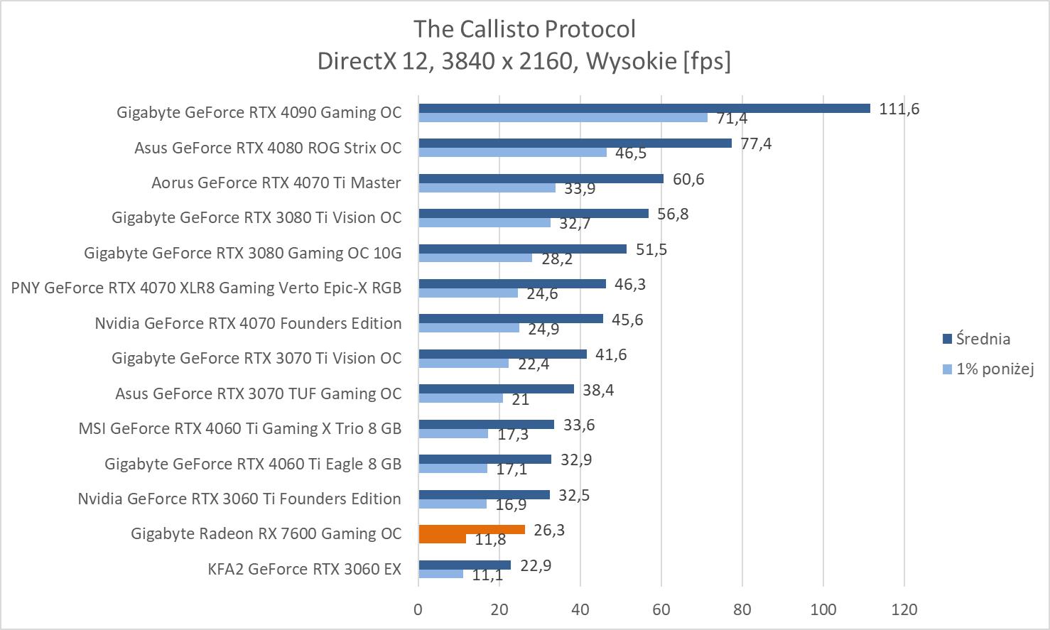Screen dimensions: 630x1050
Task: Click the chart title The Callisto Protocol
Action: [x=524, y=29]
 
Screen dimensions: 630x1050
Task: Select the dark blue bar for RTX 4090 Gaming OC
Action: [x=644, y=108]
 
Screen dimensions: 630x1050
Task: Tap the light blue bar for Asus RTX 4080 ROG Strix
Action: [x=512, y=152]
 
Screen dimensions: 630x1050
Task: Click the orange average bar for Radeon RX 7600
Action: [x=472, y=529]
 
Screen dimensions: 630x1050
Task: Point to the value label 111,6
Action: [x=899, y=109]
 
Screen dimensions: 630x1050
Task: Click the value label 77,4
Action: [x=756, y=143]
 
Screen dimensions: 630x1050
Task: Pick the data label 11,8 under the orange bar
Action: [x=490, y=540]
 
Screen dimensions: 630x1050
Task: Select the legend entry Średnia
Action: [x=983, y=339]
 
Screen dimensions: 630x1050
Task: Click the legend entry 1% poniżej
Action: [x=994, y=369]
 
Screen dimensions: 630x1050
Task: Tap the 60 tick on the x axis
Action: [x=661, y=609]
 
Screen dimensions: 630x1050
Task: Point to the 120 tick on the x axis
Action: [x=904, y=609]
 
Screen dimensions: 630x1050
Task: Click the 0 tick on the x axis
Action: [x=418, y=609]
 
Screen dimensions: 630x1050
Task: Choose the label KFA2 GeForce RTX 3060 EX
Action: [x=304, y=569]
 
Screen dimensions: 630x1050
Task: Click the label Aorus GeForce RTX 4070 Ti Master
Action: [x=276, y=183]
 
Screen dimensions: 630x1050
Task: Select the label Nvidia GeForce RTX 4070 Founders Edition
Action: [x=248, y=323]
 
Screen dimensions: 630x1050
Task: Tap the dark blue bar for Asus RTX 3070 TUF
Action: [x=496, y=389]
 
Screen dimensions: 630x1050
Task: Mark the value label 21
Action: [x=521, y=400]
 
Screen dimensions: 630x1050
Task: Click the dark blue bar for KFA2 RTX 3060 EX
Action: [x=464, y=565]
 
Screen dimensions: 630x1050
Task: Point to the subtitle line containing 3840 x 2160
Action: [x=524, y=61]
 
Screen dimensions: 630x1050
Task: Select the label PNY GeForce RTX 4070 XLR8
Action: [x=206, y=288]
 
